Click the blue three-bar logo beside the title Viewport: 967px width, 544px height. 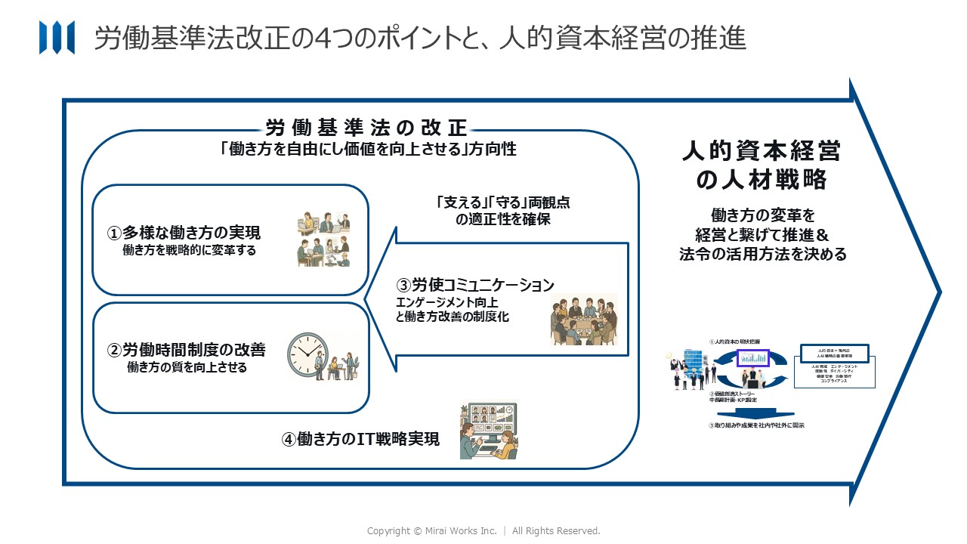[57, 38]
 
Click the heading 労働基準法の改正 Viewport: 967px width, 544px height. [366, 127]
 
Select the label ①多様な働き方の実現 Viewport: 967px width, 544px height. [187, 233]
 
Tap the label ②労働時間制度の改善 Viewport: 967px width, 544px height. [187, 351]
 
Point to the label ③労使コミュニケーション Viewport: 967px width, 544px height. [475, 285]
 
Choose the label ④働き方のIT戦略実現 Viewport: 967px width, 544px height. [360, 439]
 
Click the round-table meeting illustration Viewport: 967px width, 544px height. [583, 320]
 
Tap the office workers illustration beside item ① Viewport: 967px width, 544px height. [323, 239]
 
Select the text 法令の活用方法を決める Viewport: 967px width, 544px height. [763, 254]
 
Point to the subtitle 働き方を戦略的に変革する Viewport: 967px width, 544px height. [189, 251]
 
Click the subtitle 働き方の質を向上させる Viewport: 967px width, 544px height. [187, 368]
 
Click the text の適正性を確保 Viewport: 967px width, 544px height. [502, 220]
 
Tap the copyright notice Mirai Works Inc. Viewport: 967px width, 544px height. [483, 531]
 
